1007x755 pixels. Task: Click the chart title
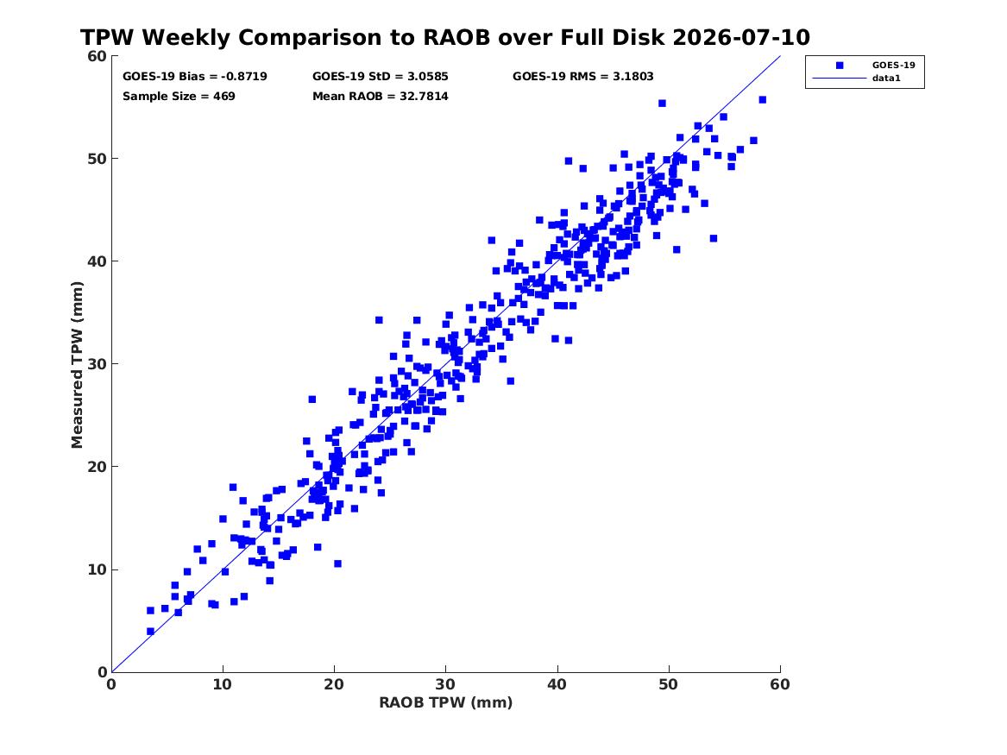coord(445,37)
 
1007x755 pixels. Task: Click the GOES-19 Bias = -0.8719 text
coord(195,77)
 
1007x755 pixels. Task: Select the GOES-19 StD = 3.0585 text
coord(381,77)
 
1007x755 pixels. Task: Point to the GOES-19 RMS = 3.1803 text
coord(583,77)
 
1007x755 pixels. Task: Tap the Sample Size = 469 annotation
coord(179,97)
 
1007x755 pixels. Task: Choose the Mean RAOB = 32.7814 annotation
coord(381,97)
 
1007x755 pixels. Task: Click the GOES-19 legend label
coord(893,65)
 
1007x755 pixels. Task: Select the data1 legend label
coord(886,79)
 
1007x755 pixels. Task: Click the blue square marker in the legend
coord(840,66)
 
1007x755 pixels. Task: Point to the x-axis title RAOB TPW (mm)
coord(446,702)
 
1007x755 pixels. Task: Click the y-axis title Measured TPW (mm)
coord(77,365)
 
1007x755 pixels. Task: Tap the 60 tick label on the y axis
coord(97,56)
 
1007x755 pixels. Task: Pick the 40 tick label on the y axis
coord(97,261)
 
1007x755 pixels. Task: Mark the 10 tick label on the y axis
coord(97,569)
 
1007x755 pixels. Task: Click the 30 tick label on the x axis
coord(446,684)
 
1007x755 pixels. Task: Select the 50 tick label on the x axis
coord(669,684)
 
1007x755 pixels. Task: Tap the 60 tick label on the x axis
coord(780,684)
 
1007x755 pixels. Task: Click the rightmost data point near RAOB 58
coord(762,99)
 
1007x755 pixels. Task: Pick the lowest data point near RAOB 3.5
coord(150,631)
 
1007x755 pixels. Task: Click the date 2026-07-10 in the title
coord(741,37)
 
